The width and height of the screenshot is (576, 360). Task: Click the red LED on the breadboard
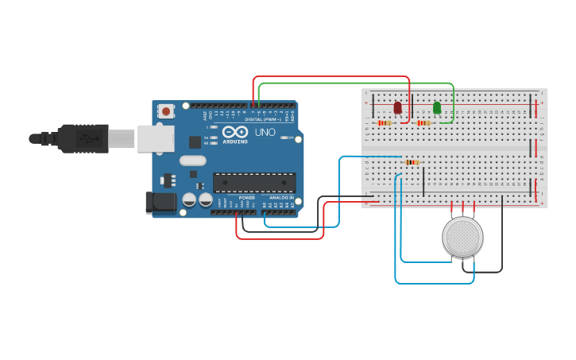click(x=397, y=107)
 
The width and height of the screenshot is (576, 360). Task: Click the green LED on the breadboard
click(x=437, y=107)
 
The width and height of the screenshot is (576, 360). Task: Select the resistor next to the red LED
click(x=385, y=123)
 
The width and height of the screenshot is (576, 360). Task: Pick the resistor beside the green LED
click(x=423, y=123)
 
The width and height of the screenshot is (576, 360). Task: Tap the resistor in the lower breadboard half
click(x=412, y=162)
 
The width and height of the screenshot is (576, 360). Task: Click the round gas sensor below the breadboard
click(x=462, y=237)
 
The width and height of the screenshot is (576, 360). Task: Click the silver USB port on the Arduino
click(x=155, y=138)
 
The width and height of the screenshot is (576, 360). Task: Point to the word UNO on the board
click(x=264, y=132)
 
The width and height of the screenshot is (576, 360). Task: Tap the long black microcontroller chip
click(x=253, y=183)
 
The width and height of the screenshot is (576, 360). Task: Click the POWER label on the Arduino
click(x=247, y=198)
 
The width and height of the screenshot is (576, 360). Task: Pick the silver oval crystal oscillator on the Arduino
click(x=193, y=161)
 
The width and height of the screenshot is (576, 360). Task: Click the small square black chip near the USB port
click(x=195, y=142)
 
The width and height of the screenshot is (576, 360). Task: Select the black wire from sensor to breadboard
click(x=502, y=238)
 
